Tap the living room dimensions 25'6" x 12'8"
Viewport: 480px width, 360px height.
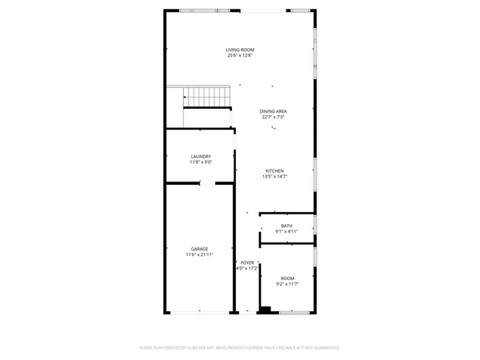click(240, 56)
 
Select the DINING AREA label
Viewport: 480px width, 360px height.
click(274, 110)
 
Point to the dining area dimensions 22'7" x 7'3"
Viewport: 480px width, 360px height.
click(274, 117)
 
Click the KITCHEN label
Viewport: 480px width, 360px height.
click(274, 170)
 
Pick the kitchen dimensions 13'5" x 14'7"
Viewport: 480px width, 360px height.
click(274, 177)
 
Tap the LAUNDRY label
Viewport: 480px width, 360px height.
click(200, 156)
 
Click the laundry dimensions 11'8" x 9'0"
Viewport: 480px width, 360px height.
click(200, 162)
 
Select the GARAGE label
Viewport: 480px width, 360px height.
click(199, 249)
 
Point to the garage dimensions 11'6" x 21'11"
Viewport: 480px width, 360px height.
click(199, 255)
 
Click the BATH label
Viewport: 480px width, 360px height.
click(286, 226)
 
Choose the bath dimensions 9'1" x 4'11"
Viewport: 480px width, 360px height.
click(286, 231)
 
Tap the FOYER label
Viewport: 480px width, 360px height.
click(247, 262)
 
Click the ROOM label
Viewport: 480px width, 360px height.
click(286, 278)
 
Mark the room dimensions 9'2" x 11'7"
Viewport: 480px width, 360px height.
click(286, 284)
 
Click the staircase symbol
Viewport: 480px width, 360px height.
click(206, 98)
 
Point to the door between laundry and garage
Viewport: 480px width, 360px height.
click(206, 183)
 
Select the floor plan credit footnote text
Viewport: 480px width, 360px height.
click(240, 348)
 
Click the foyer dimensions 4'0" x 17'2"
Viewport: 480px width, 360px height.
click(247, 269)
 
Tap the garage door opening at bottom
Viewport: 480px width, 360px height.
click(199, 311)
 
